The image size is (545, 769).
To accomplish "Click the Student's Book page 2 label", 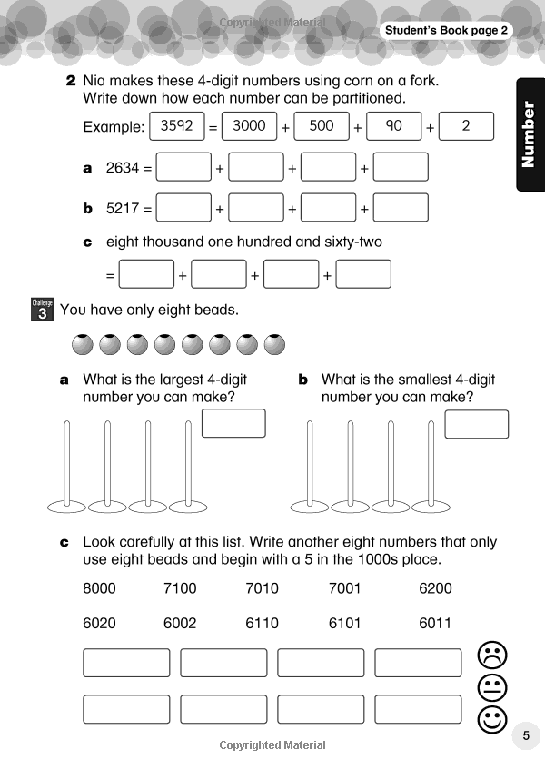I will coord(446,31).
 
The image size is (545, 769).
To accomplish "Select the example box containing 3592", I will coord(177,126).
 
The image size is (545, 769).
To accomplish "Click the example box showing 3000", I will coord(249,126).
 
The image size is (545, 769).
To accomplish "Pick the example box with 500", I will coord(322,126).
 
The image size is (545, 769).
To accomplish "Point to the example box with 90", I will coord(393,126).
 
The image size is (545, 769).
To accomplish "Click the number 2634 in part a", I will coord(123,167).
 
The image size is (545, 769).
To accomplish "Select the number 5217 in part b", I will coord(123,208).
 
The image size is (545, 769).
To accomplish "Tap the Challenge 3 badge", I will coord(43,311).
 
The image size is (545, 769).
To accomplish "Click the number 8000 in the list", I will coord(100,588).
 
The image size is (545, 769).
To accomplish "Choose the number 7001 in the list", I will coord(345,588).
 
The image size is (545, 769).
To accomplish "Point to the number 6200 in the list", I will coord(435,588).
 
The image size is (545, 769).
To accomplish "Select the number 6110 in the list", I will coord(263,623).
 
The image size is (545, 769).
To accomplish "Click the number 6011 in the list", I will coord(435,623).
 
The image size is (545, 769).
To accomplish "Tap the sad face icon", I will coord(491,654).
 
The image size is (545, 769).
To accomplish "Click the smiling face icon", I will coord(491,721).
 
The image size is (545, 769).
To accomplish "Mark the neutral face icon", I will coord(491,687).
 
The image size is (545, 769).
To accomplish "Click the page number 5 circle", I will coord(526,735).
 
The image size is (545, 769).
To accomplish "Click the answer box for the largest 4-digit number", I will coord(233,423).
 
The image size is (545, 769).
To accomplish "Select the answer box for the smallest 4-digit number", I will coord(476,424).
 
